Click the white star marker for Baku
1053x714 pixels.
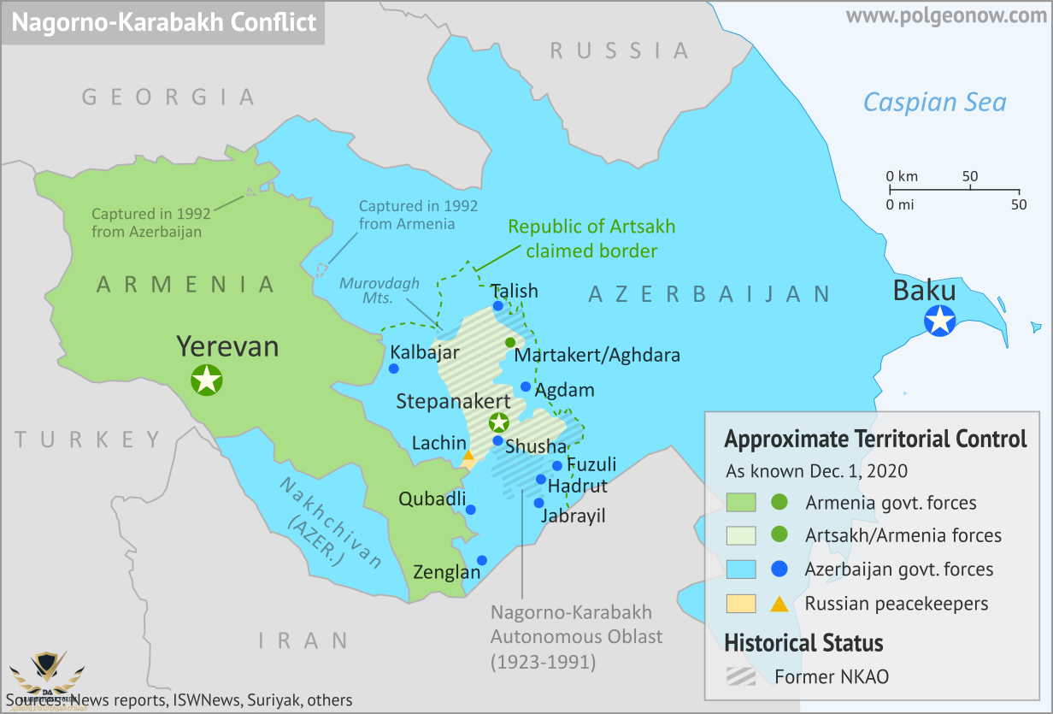(941, 321)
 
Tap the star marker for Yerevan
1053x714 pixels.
(207, 379)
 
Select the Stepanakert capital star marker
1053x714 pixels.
(498, 422)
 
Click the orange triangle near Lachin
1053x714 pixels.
(468, 457)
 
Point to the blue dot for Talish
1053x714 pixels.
(497, 305)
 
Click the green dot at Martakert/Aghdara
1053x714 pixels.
(510, 342)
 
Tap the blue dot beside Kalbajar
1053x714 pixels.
(394, 369)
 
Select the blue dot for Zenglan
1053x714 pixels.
(482, 560)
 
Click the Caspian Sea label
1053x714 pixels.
(934, 103)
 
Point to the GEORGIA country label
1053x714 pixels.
(168, 97)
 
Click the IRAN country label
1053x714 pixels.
(303, 640)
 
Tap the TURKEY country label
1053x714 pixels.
(88, 440)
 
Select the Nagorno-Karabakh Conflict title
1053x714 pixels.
(164, 21)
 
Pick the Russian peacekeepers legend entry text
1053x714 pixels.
(896, 604)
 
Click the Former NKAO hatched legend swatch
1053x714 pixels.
(740, 676)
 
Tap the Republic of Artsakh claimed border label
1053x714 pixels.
(591, 239)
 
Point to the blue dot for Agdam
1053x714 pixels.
(526, 387)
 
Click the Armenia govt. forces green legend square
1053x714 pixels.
(740, 503)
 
